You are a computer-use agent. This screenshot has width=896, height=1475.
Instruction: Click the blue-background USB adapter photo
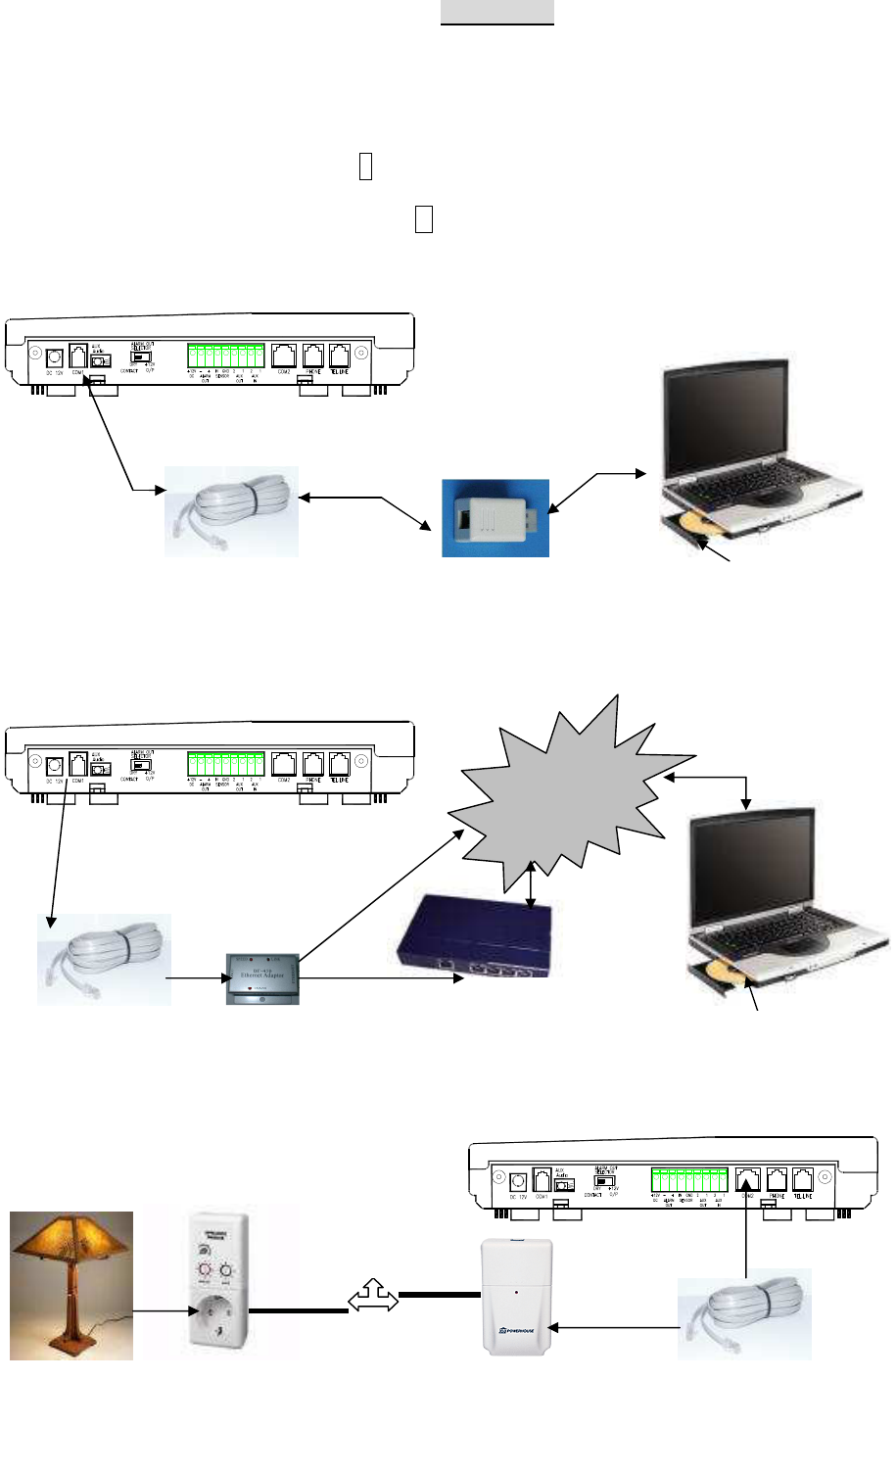(x=495, y=517)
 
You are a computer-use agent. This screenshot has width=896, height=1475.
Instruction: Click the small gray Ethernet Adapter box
(x=262, y=976)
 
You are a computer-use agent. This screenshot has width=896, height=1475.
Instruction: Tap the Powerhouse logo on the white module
(x=516, y=1334)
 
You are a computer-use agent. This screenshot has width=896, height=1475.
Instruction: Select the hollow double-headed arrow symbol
(x=373, y=1300)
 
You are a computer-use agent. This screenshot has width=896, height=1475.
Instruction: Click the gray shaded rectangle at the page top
(x=496, y=12)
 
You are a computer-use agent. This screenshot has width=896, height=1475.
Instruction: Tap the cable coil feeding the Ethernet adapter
(x=104, y=959)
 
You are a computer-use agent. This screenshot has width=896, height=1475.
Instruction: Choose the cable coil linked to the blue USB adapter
(x=231, y=511)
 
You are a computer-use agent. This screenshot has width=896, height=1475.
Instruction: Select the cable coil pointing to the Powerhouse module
(x=744, y=1313)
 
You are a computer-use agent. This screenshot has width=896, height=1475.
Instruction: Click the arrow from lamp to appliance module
(x=161, y=1309)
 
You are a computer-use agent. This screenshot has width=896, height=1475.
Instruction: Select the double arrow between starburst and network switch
(x=530, y=885)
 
